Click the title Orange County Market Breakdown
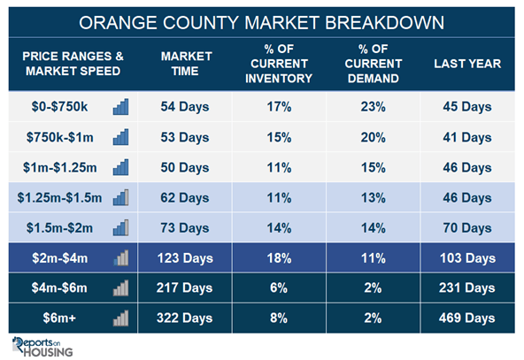click(261, 23)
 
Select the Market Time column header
click(186, 64)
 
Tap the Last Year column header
click(467, 64)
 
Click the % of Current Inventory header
click(279, 64)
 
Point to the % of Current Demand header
click(374, 64)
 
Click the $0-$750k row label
click(59, 106)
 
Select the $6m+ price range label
click(59, 318)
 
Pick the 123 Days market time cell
click(185, 258)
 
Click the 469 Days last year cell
click(466, 318)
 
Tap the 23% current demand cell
click(373, 107)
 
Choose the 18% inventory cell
click(279, 258)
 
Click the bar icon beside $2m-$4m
click(120, 257)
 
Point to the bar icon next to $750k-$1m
click(120, 137)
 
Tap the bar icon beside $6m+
click(120, 318)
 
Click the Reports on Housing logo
click(42, 347)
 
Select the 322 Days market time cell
click(184, 318)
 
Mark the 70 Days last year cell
click(466, 227)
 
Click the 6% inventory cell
click(279, 287)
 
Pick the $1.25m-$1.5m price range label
click(59, 198)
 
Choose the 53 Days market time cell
click(184, 137)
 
